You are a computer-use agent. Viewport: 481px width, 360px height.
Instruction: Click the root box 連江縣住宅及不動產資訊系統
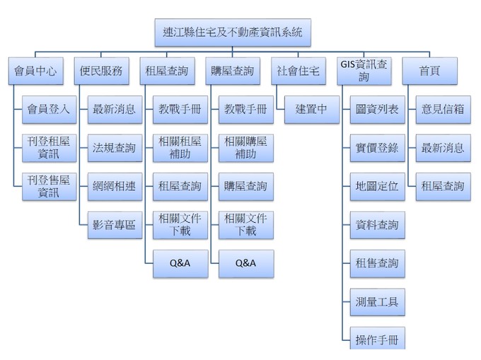tap(232, 32)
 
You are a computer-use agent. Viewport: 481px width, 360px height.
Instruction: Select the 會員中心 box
tap(35, 71)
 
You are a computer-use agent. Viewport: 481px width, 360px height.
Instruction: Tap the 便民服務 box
tap(101, 71)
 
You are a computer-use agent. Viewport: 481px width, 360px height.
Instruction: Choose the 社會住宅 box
tap(298, 71)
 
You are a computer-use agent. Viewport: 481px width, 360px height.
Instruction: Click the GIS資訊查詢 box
tap(364, 71)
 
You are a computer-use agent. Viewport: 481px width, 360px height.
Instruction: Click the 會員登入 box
tap(48, 109)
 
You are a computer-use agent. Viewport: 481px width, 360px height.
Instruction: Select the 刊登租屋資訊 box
tap(48, 147)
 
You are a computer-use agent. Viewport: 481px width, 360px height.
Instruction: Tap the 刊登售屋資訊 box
tap(48, 186)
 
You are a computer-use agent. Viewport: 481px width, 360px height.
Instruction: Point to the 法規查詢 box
tap(114, 148)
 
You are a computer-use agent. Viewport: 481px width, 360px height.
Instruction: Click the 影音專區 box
tap(114, 225)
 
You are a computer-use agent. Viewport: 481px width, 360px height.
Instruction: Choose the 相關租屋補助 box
tap(180, 147)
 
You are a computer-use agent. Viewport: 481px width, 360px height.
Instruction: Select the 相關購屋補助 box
tap(245, 147)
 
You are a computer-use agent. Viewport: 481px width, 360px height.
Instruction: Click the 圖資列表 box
tap(377, 109)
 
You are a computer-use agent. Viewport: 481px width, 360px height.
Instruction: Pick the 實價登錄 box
tap(377, 148)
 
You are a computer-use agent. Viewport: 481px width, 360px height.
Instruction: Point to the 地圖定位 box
tap(377, 186)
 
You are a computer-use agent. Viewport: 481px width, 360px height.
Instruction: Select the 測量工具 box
tap(377, 302)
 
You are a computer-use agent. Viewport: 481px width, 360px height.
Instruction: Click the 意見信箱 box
tap(443, 109)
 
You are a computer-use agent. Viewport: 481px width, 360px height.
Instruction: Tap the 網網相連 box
tap(114, 186)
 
